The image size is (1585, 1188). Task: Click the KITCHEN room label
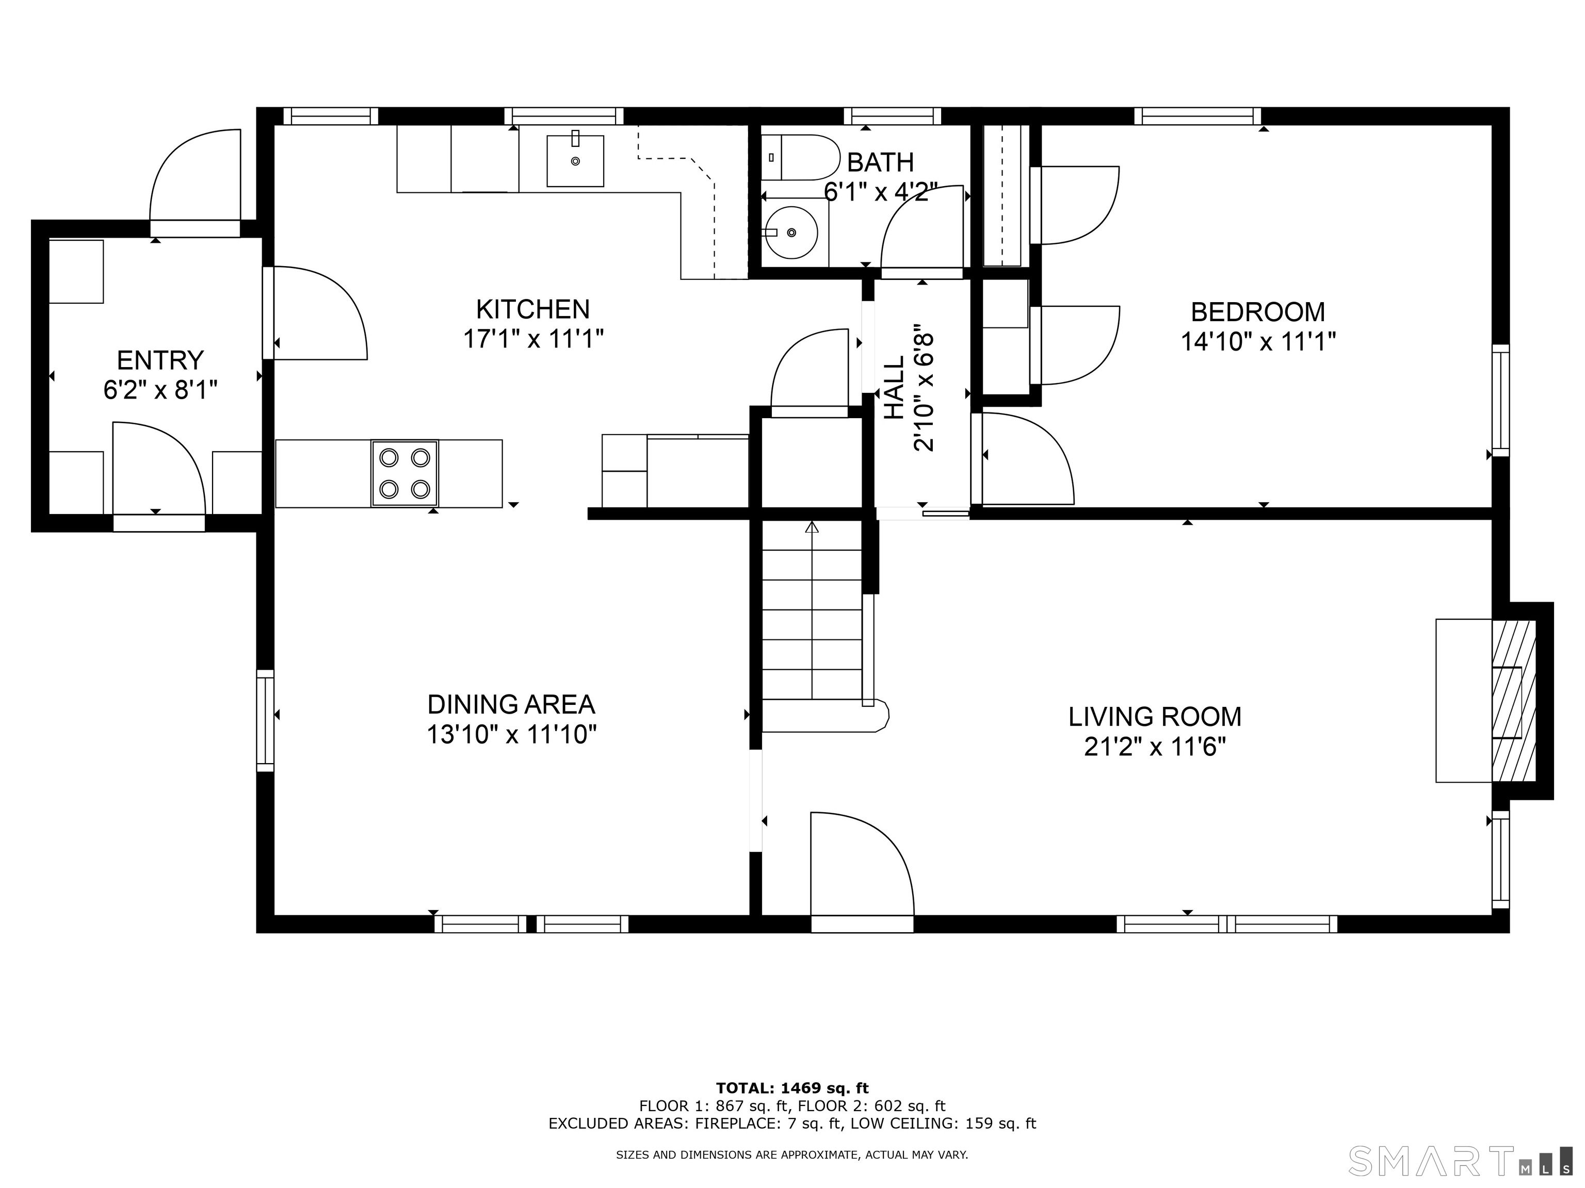tap(533, 309)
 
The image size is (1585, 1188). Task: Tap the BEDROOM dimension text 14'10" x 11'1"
tap(1258, 341)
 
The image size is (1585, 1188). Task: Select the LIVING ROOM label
tap(1155, 717)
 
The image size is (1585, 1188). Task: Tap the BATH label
tap(881, 162)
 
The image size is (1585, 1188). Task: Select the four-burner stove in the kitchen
tap(405, 473)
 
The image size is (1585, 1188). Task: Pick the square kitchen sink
tap(575, 160)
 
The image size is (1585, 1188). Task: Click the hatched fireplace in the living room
tap(1514, 700)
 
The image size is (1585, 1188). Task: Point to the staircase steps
tap(812, 610)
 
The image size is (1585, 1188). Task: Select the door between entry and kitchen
tap(315, 313)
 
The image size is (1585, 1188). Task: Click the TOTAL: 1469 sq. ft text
tap(792, 1088)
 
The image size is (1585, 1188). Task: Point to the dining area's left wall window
tap(265, 720)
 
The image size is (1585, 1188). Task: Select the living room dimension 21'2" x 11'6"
tap(1155, 747)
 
